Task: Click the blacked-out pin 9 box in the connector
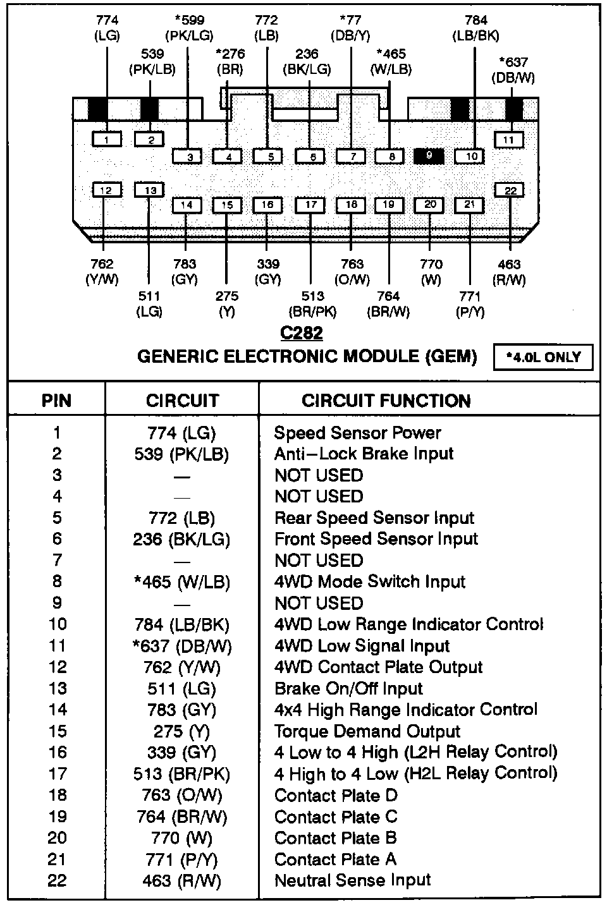[x=429, y=156]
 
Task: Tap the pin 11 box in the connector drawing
[x=509, y=140]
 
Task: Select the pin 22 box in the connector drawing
[x=510, y=190]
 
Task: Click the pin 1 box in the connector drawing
[x=107, y=139]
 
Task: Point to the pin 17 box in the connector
[x=310, y=205]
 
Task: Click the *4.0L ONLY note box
[x=544, y=357]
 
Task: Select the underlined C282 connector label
[x=302, y=333]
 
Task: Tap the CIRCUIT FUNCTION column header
[x=386, y=401]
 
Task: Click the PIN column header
[x=56, y=401]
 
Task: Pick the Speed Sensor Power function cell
[x=357, y=433]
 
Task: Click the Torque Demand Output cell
[x=367, y=732]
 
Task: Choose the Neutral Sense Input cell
[x=353, y=880]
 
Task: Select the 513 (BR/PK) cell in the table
[x=182, y=774]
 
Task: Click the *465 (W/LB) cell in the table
[x=182, y=582]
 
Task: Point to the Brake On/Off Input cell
[x=348, y=689]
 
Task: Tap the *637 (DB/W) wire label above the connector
[x=513, y=70]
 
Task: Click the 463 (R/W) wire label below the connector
[x=509, y=272]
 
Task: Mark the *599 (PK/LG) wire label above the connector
[x=189, y=28]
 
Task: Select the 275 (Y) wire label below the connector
[x=227, y=303]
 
